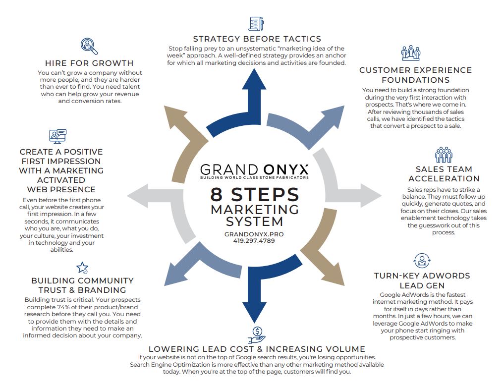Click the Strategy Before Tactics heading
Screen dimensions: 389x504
[257, 39]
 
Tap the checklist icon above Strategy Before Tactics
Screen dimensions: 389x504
[256, 24]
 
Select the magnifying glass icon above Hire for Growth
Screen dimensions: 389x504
[89, 46]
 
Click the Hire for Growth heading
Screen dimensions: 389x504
[89, 63]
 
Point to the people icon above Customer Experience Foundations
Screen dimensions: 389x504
[411, 53]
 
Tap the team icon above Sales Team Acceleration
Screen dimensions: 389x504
[444, 155]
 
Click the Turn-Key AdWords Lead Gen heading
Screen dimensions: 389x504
[422, 280]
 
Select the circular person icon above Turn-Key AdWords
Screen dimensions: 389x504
[421, 261]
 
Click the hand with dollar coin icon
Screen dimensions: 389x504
[257, 334]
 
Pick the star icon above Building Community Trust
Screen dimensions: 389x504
[82, 268]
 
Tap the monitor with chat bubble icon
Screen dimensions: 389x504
[57, 135]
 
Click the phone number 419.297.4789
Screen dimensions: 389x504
[254, 241]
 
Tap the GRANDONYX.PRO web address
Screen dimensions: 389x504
[254, 234]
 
